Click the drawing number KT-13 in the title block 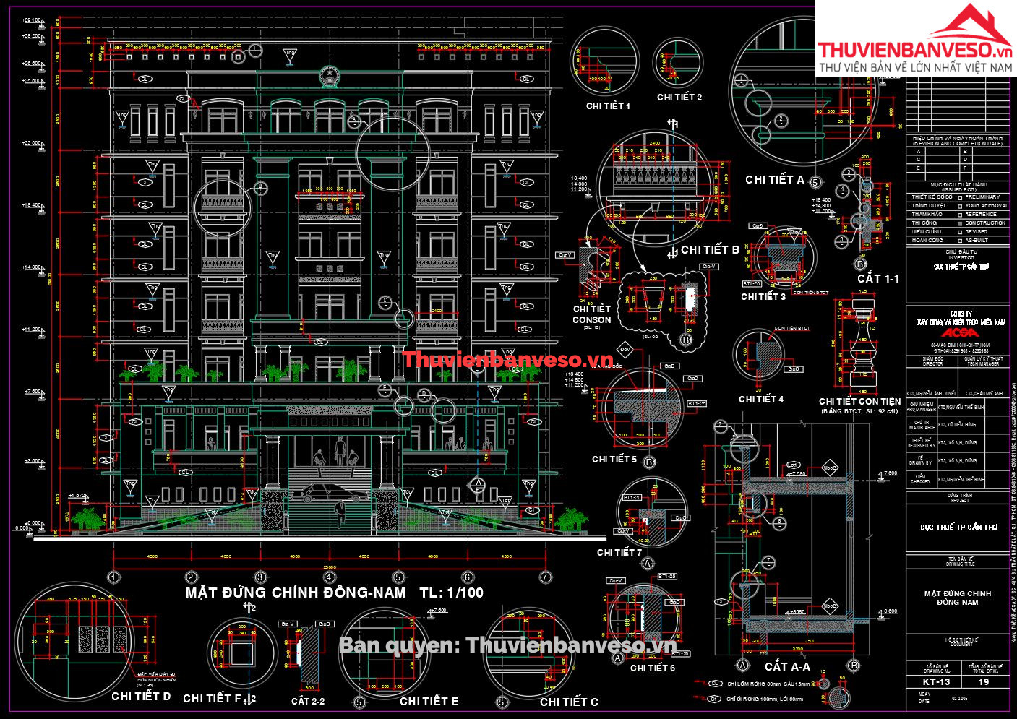click(937, 681)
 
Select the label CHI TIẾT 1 click(608, 106)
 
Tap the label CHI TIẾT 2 click(679, 98)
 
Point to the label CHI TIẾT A click(775, 180)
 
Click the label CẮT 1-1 click(878, 278)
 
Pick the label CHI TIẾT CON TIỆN click(859, 401)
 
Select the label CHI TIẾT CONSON click(592, 314)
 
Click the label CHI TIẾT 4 click(761, 399)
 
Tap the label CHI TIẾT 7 click(619, 552)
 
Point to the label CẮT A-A click(787, 667)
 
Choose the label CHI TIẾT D click(141, 697)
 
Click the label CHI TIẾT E click(429, 701)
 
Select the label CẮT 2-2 click(308, 701)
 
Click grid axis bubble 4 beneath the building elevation click(330, 577)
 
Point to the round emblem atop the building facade click(330, 75)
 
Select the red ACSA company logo click(958, 333)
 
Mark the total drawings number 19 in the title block click(984, 681)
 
